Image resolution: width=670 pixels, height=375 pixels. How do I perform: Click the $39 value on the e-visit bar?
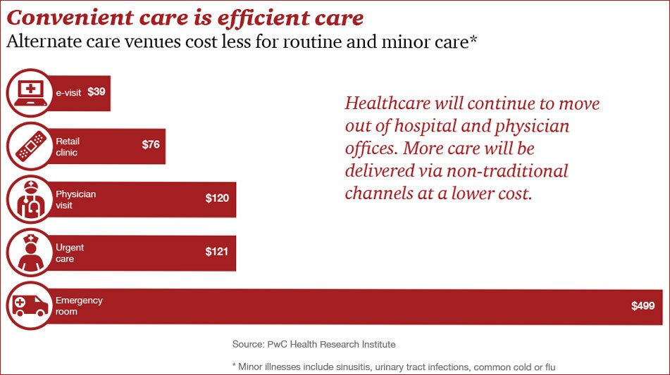click(x=97, y=91)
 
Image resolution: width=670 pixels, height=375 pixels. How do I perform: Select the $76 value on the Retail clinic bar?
click(x=151, y=145)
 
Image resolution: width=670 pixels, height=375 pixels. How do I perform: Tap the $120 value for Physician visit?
click(x=217, y=198)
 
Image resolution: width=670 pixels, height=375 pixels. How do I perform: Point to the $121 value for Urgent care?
click(x=217, y=251)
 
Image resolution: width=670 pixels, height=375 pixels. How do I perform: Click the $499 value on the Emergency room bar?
click(x=643, y=305)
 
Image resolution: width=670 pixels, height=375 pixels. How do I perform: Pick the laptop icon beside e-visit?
click(x=29, y=92)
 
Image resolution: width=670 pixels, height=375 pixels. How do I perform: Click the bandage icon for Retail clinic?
click(x=29, y=146)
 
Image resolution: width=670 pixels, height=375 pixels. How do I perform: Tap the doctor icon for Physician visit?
click(x=29, y=199)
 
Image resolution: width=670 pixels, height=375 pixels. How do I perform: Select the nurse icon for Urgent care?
click(x=29, y=253)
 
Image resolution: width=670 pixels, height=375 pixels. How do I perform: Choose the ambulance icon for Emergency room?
click(x=29, y=305)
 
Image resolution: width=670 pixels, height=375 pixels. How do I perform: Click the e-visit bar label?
click(x=68, y=92)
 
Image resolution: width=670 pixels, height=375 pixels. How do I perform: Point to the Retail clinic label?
click(x=67, y=146)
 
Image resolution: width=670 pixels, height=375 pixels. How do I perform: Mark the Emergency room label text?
click(x=79, y=305)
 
